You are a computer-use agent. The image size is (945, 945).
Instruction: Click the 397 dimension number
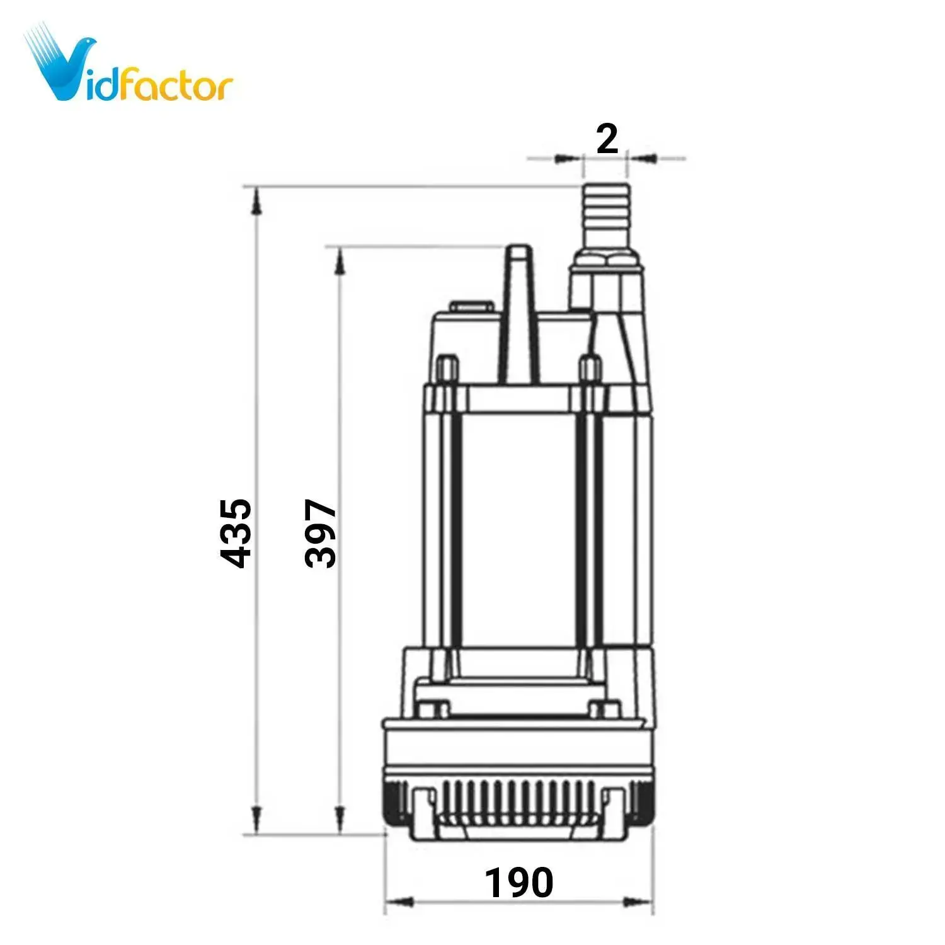coord(320,533)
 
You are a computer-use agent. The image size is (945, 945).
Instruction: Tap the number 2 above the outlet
coord(607,139)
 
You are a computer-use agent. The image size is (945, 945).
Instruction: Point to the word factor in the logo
coord(176,85)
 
